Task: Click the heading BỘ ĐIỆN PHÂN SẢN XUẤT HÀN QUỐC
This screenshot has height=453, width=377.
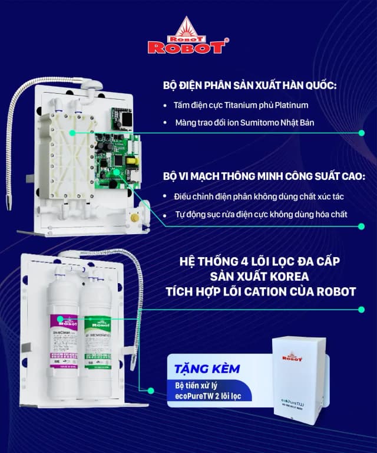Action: click(250, 86)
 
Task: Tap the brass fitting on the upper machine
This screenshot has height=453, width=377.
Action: click(135, 218)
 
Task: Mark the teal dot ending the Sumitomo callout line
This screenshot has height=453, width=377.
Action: click(361, 133)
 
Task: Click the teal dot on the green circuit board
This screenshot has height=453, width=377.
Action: click(117, 172)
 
